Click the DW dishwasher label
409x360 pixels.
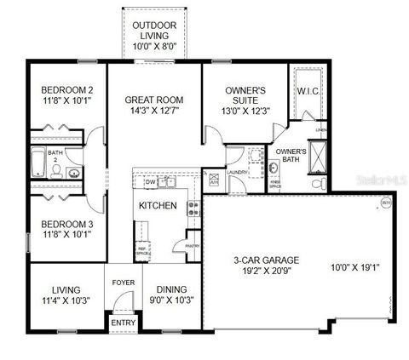(x=150, y=182)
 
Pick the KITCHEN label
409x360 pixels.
(x=158, y=206)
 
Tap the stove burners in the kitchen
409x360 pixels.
(x=194, y=208)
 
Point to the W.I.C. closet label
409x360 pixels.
(x=308, y=91)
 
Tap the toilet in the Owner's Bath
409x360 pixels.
(x=319, y=184)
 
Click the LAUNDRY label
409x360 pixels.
(x=237, y=171)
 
